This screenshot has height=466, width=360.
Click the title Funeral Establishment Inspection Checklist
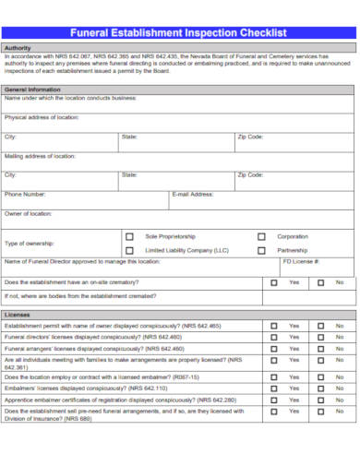(x=180, y=33)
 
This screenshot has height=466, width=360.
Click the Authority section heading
(x=19, y=47)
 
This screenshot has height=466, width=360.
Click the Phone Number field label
(x=25, y=195)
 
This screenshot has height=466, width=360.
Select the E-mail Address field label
(x=193, y=195)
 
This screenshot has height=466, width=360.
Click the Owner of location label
(x=29, y=214)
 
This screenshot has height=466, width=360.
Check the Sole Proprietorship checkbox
(x=129, y=236)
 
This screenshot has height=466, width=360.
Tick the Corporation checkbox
(x=261, y=236)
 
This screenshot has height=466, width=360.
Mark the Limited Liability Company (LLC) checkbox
(x=129, y=250)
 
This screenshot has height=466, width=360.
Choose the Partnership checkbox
(x=261, y=250)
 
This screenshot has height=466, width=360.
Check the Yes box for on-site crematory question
(x=274, y=282)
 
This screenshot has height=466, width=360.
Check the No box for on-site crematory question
(x=320, y=282)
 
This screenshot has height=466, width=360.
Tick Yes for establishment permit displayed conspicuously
(x=274, y=326)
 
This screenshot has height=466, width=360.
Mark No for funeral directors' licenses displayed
(x=320, y=338)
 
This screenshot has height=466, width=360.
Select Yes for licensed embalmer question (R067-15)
(x=274, y=377)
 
